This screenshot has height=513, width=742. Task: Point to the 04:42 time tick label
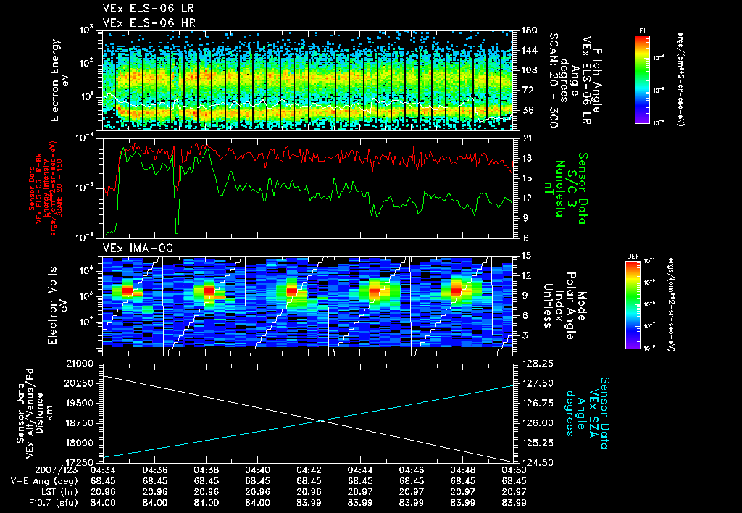pyautogui.click(x=309, y=470)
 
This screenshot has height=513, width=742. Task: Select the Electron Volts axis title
pyautogui.click(x=59, y=304)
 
